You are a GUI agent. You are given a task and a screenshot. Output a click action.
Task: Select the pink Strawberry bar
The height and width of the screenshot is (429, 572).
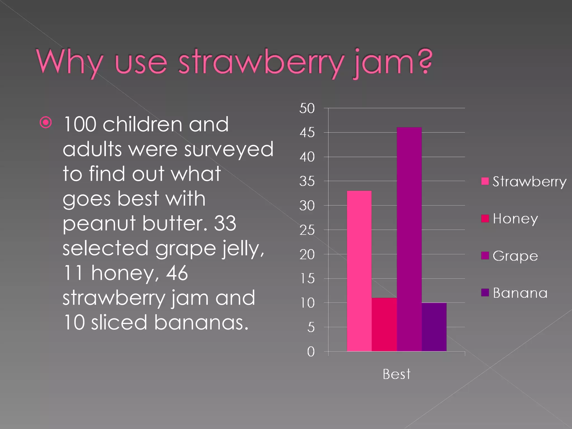tap(359, 271)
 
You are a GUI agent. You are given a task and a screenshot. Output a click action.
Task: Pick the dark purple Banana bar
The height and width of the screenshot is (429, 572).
tap(434, 327)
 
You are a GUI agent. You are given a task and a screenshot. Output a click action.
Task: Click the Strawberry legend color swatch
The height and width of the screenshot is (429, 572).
tap(485, 181)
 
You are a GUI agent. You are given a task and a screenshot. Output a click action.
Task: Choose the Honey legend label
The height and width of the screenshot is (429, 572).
tap(515, 219)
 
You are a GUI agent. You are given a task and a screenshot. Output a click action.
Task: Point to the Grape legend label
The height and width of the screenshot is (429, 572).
tap(515, 256)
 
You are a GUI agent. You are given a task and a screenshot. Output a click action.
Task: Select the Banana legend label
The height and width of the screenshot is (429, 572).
tap(520, 293)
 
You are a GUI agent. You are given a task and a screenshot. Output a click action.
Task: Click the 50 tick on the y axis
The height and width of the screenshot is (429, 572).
tap(307, 108)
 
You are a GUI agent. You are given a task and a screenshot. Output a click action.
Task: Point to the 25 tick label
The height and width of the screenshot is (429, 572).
tap(307, 230)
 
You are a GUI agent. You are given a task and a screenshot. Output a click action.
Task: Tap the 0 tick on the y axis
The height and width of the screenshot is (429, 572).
tap(311, 352)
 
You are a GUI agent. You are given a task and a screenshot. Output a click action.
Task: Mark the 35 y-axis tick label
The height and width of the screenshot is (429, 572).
tap(307, 182)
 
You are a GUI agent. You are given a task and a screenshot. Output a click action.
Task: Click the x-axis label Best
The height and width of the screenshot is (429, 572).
tap(397, 374)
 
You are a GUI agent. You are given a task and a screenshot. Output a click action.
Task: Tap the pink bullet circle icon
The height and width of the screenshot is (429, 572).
tap(46, 122)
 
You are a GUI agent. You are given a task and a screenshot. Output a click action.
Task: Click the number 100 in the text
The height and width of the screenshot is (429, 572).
tap(80, 124)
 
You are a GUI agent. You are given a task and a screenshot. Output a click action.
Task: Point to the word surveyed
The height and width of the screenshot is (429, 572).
tap(229, 149)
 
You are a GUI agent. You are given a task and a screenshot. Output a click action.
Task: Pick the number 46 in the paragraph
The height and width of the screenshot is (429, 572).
tap(177, 273)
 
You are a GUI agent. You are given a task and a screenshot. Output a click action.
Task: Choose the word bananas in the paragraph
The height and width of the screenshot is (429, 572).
tap(201, 323)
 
